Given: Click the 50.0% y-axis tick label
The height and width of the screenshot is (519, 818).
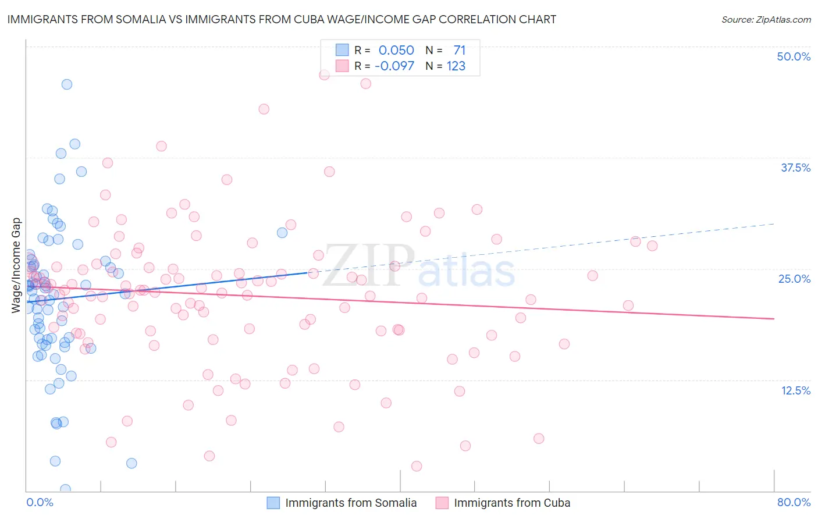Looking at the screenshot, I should click(x=794, y=56).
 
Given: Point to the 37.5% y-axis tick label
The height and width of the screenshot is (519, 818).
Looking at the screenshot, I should click(x=795, y=168).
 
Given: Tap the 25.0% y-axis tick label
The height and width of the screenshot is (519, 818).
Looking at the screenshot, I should click(x=794, y=279).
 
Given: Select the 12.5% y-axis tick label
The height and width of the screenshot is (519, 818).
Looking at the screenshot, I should click(x=795, y=390).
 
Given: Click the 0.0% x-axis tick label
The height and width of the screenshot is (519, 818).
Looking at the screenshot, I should click(x=40, y=502).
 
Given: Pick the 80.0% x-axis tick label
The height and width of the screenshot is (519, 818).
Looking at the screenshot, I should click(x=794, y=502).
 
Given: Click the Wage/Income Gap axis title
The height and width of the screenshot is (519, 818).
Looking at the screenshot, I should click(x=16, y=265).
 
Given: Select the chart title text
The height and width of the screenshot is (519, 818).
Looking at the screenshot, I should click(x=282, y=19).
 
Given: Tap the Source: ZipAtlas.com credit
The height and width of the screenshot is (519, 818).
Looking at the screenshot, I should click(x=766, y=19).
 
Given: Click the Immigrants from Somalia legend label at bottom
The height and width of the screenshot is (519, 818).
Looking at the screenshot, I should click(x=351, y=503).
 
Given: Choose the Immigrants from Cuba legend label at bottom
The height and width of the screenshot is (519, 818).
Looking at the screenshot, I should click(x=512, y=503).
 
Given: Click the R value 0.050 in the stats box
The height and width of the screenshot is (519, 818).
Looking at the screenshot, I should click(x=396, y=51).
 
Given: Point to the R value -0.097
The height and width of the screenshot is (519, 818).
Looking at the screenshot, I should click(x=394, y=66).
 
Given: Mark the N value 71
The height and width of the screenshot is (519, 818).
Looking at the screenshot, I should click(x=460, y=51).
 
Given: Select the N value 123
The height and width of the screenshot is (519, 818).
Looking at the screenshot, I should click(x=456, y=66).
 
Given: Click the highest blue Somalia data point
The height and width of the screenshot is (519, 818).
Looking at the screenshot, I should click(x=67, y=84).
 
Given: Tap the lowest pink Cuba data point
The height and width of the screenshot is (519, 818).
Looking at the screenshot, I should click(x=417, y=466).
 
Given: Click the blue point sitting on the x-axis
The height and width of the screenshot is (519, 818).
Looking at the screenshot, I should click(x=65, y=489).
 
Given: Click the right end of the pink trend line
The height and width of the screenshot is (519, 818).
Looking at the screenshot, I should click(x=774, y=319).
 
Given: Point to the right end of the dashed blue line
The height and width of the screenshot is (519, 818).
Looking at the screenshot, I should click(x=774, y=223).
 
